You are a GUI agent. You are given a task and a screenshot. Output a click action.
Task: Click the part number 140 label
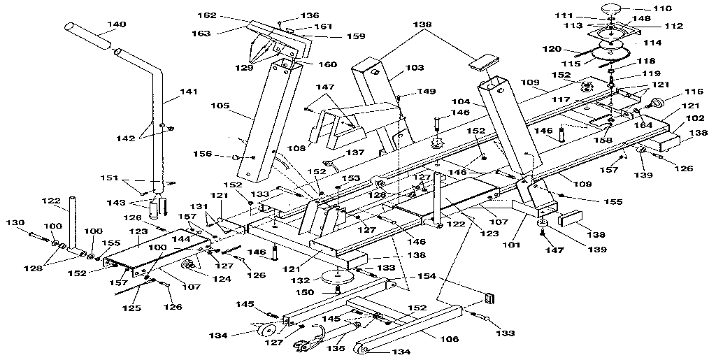click(116, 24)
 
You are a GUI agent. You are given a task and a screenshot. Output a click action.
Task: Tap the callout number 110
click(661, 8)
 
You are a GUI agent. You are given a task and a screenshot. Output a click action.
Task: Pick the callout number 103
click(415, 68)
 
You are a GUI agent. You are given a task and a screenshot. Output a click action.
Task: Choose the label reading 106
click(450, 339)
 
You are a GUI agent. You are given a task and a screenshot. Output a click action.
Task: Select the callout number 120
click(553, 50)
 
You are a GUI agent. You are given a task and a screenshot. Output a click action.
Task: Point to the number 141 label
click(189, 92)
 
